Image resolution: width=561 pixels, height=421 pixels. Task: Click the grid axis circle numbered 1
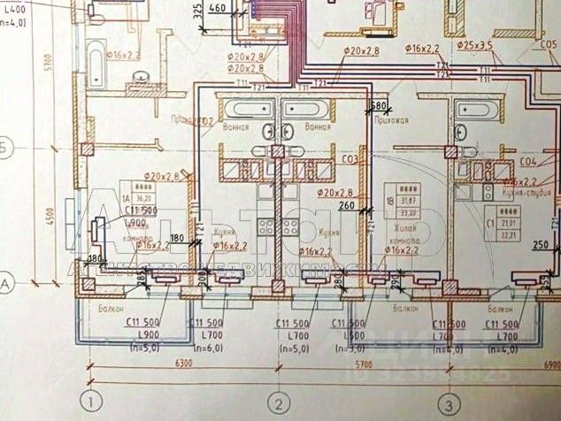tap(94, 401)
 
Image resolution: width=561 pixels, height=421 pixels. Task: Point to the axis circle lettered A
tap(7, 284)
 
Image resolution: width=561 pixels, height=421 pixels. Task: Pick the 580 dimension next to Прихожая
tap(379, 106)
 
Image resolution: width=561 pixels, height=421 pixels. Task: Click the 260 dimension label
tap(346, 206)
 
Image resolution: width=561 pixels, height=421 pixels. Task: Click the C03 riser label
tap(350, 159)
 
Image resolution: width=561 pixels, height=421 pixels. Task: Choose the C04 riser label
tap(529, 162)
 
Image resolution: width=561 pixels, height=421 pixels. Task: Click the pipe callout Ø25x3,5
tap(474, 42)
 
